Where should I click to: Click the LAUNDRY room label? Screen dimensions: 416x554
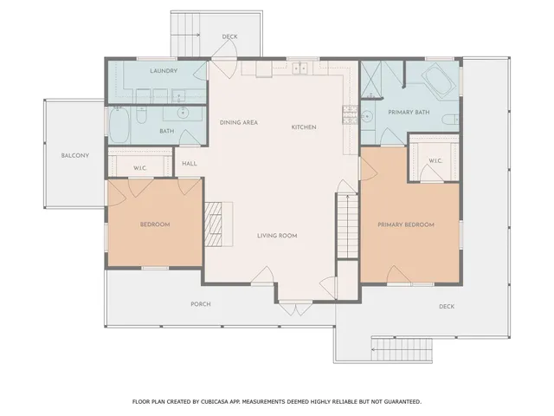pos(164,70)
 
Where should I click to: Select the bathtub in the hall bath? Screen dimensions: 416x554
pos(119,125)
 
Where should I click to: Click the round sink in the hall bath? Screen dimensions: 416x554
pos(183,113)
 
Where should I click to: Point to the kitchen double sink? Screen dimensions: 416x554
pos(300,68)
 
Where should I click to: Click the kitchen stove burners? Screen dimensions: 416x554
pos(350,111)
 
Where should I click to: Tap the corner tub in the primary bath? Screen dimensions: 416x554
pos(439,84)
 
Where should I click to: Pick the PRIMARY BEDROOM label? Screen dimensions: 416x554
pos(405,225)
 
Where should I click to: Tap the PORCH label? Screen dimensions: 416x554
pos(200,304)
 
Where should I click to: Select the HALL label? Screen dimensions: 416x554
pos(190,162)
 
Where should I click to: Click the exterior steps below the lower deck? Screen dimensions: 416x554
pos(400,349)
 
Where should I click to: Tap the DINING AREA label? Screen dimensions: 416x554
pos(238,122)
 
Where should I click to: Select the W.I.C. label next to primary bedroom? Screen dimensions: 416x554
pos(435,160)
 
